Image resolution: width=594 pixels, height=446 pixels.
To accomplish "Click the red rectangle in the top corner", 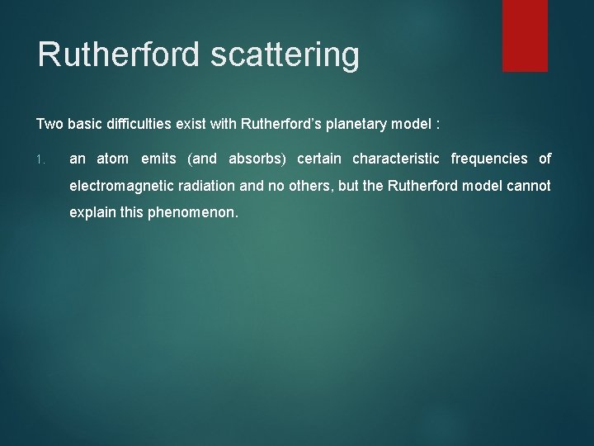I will point(525,35).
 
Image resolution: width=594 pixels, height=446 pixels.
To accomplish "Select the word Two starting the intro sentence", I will point(49,124).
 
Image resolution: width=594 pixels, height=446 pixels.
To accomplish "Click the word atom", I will point(113,159).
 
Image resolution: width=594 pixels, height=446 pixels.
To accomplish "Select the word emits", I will point(158,159).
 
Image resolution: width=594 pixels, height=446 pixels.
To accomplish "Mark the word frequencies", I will point(489,159).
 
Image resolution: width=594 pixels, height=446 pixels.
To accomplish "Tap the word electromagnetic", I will point(120,186).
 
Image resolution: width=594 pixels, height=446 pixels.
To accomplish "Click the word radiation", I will point(205,186).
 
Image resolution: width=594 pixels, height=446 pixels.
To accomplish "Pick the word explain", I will point(92,213).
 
